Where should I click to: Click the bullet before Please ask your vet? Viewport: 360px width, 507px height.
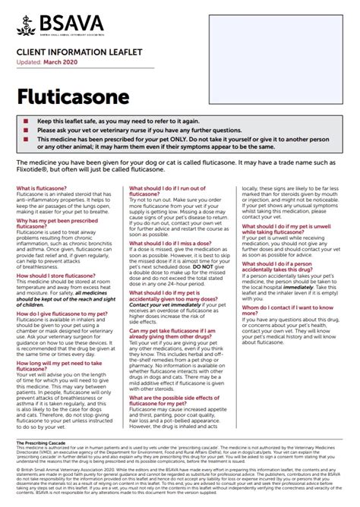(26, 131)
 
